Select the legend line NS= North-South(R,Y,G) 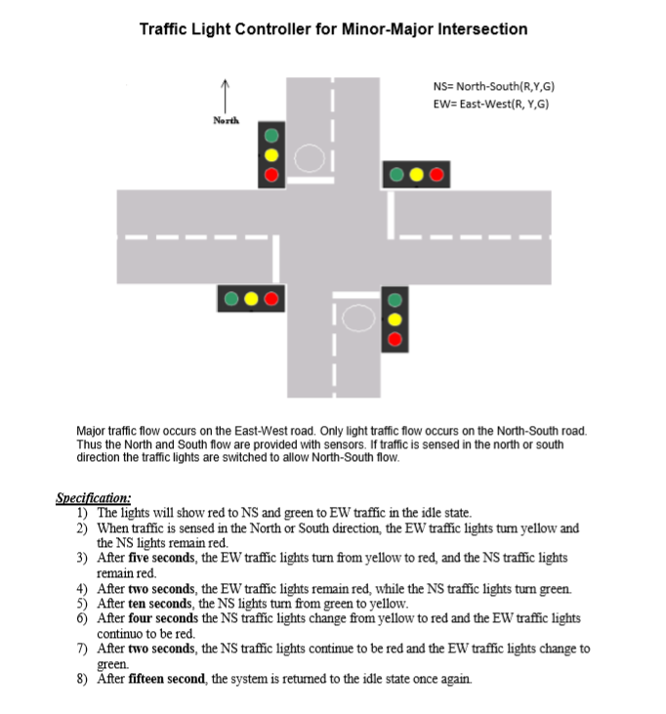point(493,87)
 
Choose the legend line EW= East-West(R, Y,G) point(491,104)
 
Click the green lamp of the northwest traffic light point(271,136)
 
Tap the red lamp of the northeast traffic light point(437,176)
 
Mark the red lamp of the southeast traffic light point(395,339)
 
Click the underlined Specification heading point(94,497)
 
